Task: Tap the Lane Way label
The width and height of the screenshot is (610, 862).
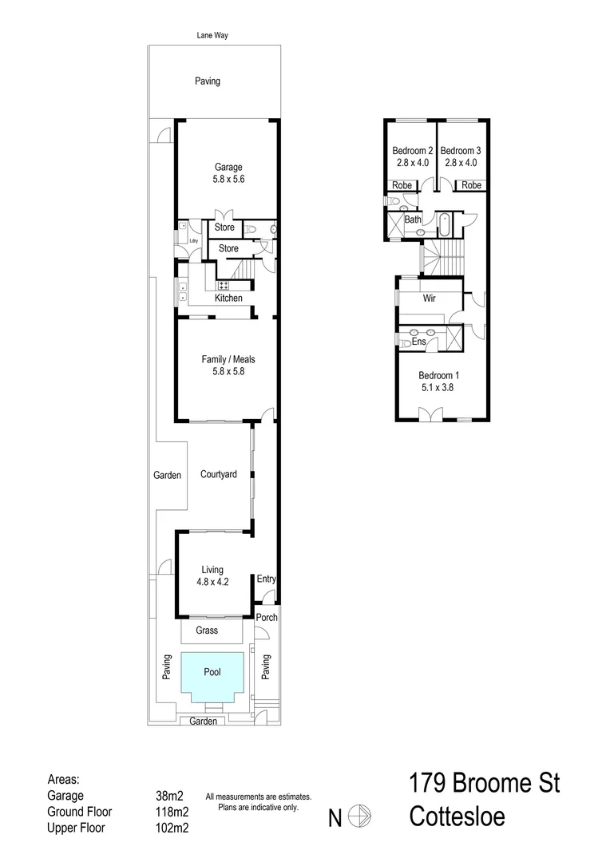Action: click(213, 36)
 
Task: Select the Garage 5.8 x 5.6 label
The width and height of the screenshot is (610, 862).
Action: click(228, 173)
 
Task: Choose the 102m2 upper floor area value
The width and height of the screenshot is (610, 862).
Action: click(172, 828)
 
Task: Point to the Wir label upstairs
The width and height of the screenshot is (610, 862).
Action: click(429, 299)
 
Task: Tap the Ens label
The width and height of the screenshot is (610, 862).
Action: click(418, 342)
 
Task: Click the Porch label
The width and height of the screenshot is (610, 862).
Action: click(267, 617)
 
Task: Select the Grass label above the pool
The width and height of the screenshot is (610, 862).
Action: click(212, 631)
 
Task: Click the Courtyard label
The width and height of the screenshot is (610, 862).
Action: click(218, 474)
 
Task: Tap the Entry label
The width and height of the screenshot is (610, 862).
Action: click(266, 579)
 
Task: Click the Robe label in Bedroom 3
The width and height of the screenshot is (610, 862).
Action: click(471, 185)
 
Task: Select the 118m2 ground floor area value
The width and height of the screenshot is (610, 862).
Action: click(172, 812)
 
